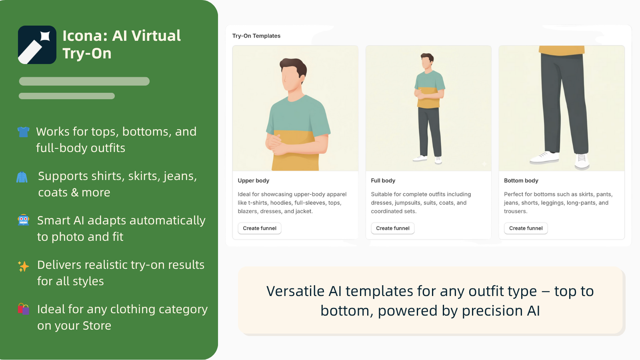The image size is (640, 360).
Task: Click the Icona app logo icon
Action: point(37,45)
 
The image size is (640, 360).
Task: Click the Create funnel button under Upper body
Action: point(260,228)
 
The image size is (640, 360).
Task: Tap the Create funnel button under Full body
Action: point(392,228)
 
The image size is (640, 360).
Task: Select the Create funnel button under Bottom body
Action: point(526,228)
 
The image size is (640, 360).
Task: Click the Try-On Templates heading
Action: point(256,36)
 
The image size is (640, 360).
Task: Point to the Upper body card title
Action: point(253,181)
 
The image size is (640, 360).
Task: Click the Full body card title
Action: point(383,181)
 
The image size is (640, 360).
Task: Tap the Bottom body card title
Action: point(521,181)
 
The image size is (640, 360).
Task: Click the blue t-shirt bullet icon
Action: point(24,132)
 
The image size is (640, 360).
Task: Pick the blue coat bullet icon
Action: point(22,177)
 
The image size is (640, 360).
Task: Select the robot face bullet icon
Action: point(24,220)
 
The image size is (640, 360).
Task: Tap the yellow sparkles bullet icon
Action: point(24,266)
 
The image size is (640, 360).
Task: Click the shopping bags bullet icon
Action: point(24,309)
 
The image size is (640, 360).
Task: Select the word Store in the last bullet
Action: point(97,326)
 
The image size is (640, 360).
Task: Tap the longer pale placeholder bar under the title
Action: point(84,82)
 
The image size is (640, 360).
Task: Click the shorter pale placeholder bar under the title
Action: point(67,96)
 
